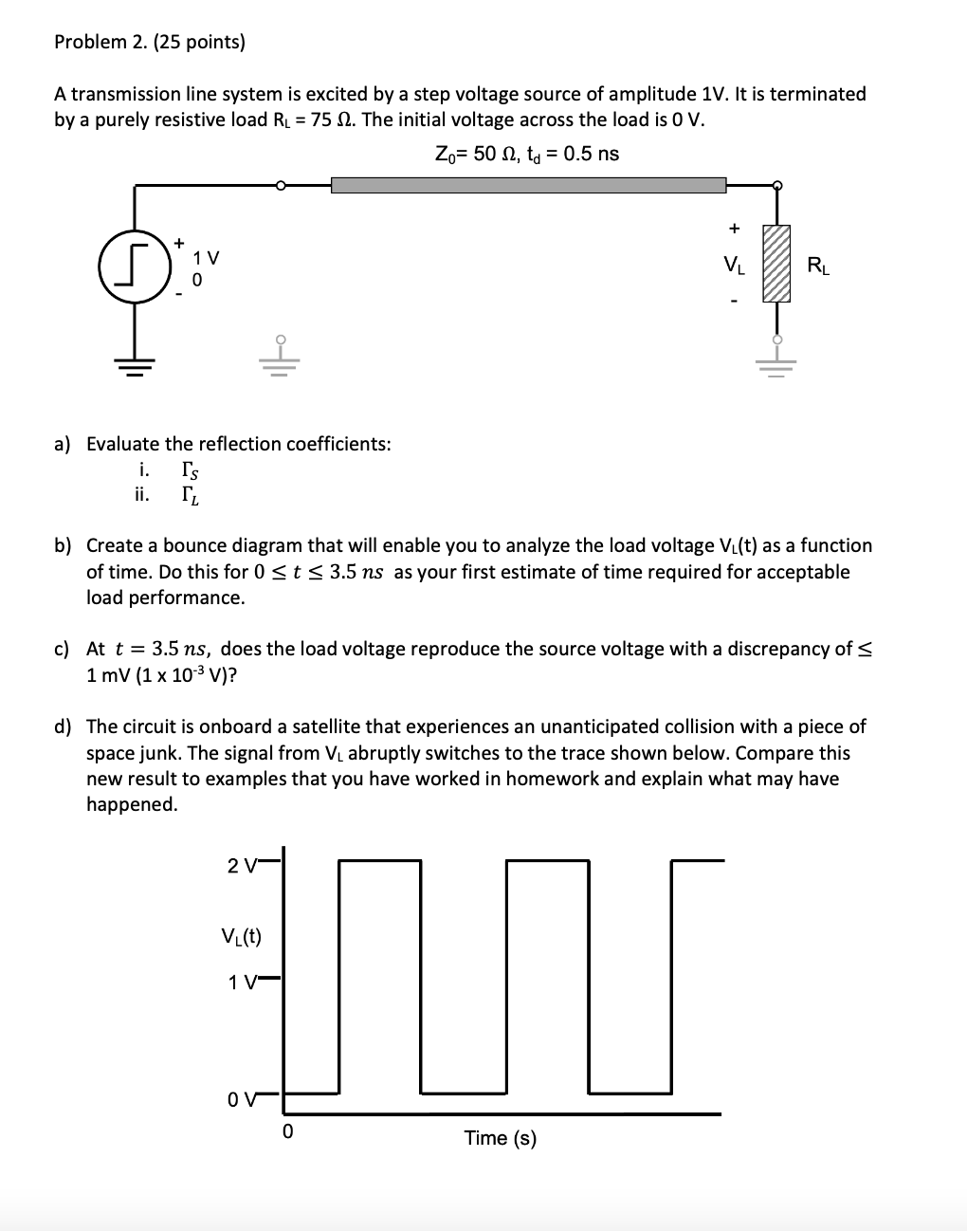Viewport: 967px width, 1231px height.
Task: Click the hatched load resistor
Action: [x=776, y=264]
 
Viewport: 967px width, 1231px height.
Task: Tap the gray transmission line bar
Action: [x=528, y=185]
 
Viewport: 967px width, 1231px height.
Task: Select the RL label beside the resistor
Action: [x=818, y=266]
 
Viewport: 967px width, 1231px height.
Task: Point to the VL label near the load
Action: [x=734, y=265]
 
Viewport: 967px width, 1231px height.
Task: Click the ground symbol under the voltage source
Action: [x=134, y=365]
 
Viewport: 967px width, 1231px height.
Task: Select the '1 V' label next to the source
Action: [x=205, y=257]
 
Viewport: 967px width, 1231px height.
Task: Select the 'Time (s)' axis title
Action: [x=500, y=1138]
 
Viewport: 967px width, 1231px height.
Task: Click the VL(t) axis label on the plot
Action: [x=241, y=937]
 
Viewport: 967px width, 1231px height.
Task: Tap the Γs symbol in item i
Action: [x=190, y=469]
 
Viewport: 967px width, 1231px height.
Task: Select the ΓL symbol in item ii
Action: [x=190, y=494]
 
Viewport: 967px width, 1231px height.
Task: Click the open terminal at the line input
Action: [x=280, y=185]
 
